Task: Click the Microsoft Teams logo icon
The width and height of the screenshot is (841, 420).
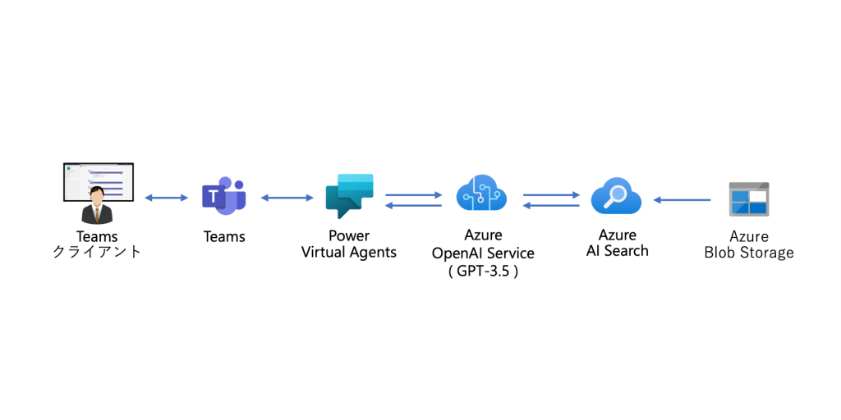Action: click(224, 197)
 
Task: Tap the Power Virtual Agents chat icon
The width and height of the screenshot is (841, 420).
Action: click(349, 196)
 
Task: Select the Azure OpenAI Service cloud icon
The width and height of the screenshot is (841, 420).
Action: click(481, 195)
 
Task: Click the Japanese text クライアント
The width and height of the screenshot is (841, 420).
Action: click(97, 252)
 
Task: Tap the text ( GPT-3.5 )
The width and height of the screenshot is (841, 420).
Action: click(483, 271)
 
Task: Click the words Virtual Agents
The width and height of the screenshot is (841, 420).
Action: click(349, 253)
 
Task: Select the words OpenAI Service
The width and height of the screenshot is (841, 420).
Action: click(483, 253)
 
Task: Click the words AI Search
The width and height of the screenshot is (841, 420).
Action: click(617, 251)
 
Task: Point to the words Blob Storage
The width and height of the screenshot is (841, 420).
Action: click(749, 253)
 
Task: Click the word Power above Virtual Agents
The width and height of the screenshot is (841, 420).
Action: click(349, 236)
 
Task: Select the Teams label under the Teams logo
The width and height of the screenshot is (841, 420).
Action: click(224, 237)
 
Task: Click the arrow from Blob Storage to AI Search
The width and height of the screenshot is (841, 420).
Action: click(682, 199)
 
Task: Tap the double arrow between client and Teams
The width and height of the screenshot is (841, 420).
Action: click(167, 198)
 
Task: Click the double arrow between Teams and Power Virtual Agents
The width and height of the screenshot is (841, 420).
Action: click(287, 198)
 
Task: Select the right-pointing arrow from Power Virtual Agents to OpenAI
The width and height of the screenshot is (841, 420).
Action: click(415, 194)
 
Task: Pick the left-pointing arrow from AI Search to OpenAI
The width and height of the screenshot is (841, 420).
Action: click(551, 205)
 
